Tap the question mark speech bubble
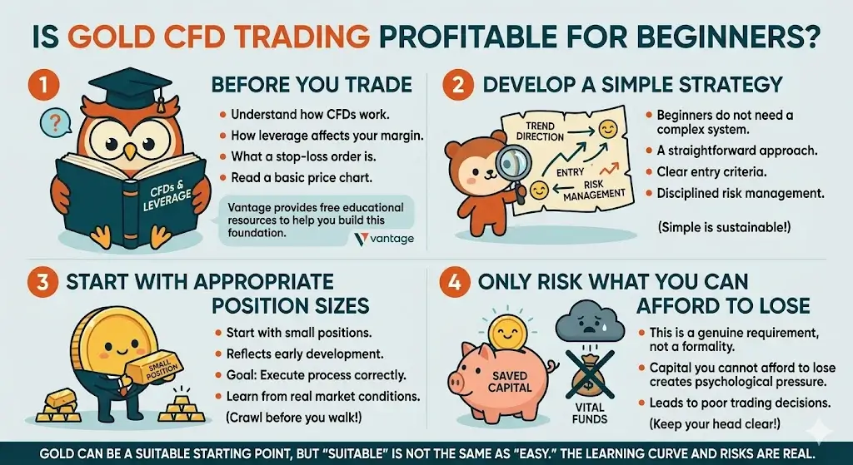click(55, 125)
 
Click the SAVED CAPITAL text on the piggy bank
click(504, 383)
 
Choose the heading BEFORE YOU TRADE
click(312, 85)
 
